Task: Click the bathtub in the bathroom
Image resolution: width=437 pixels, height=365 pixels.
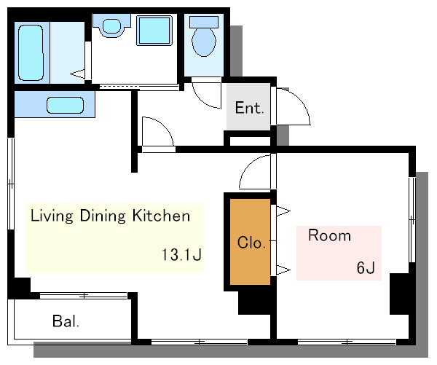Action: point(31,52)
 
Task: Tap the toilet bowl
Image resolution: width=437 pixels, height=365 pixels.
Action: point(204,42)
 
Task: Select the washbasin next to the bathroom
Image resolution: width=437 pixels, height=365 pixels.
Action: point(111,25)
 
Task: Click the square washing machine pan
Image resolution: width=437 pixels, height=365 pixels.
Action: point(154,30)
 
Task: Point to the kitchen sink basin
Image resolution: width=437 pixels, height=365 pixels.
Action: point(66,105)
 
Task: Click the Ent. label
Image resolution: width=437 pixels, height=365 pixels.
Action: point(249,108)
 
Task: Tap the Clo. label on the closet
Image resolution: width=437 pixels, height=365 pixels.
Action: point(251,243)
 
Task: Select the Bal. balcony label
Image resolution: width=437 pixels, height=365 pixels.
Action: point(66,321)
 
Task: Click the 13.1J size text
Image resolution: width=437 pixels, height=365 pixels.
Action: point(181,254)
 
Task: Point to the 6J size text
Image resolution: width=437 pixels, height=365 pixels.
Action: point(366,267)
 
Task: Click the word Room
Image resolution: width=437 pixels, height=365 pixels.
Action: point(329,235)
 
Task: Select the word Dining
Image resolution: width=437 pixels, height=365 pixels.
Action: point(103,216)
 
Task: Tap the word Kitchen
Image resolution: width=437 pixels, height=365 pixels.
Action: point(161,216)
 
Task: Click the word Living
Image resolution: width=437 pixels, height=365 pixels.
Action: point(52,216)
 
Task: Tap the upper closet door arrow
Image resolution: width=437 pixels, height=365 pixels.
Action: point(283,211)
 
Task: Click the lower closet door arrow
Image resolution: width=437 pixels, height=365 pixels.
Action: point(283,270)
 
